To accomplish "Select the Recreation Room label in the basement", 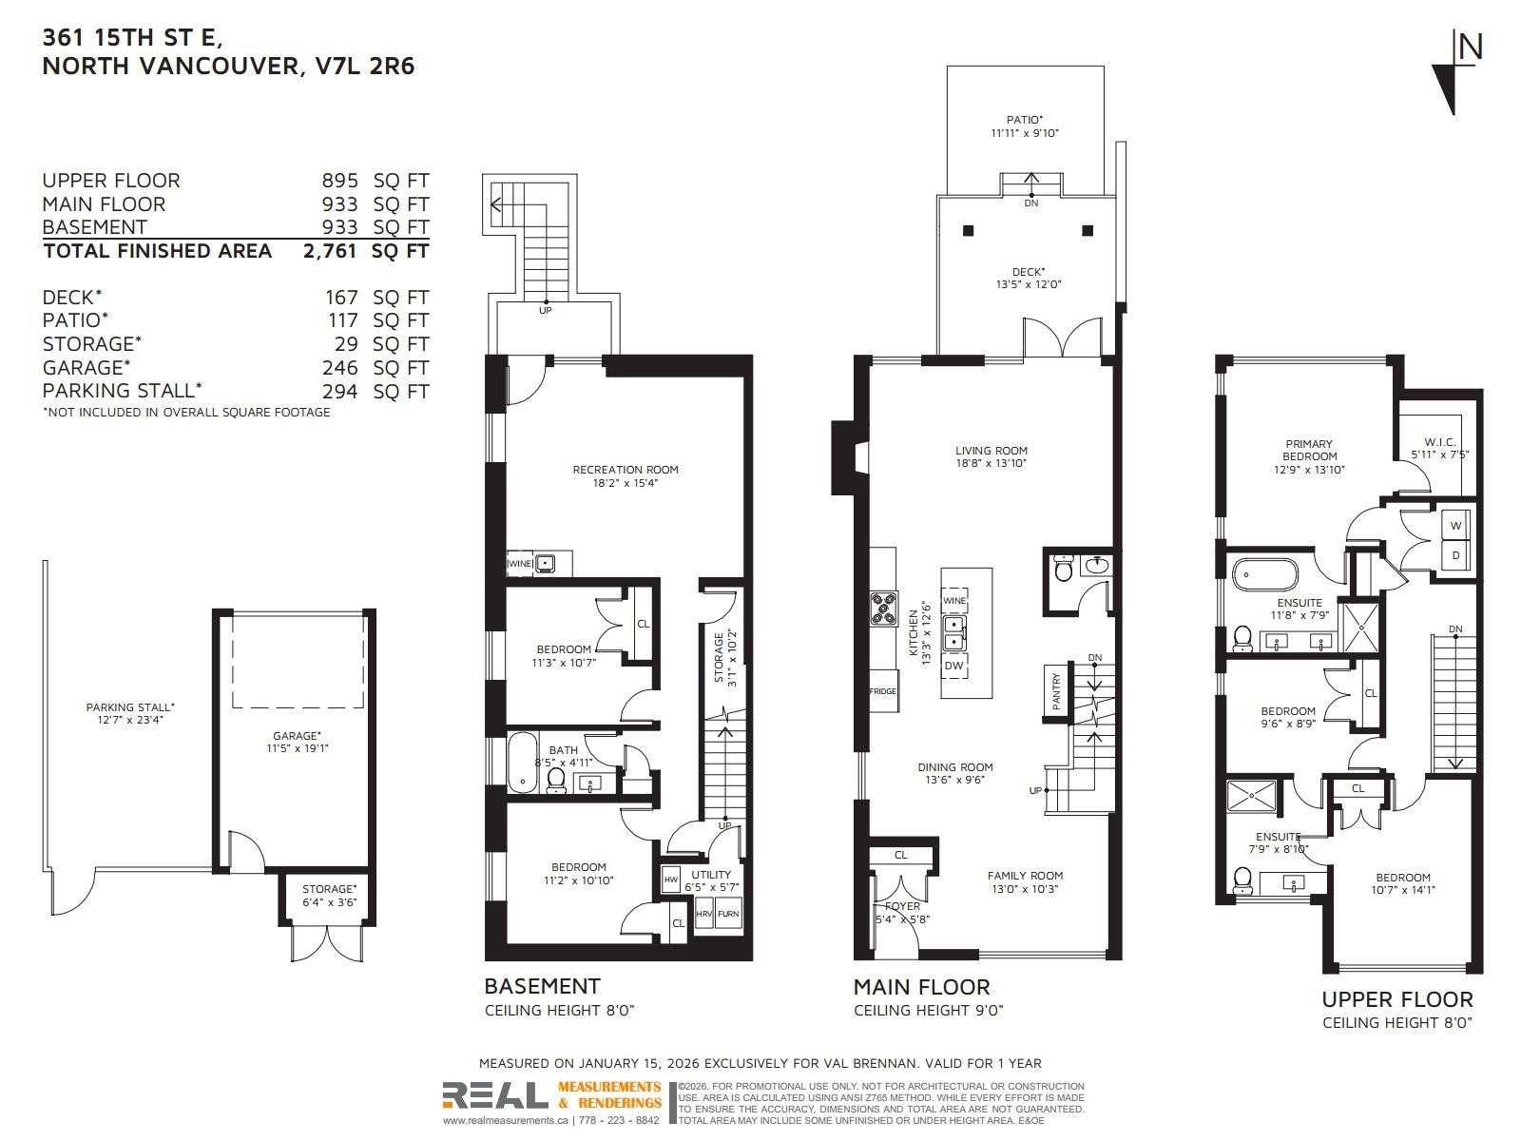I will [625, 475].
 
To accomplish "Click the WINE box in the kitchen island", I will [953, 601].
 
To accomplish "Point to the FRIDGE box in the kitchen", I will [882, 691].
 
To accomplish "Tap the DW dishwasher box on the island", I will [953, 666].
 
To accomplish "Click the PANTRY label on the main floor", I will [1056, 691].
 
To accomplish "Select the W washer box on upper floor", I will [1455, 526].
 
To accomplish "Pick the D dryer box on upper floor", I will [1455, 555].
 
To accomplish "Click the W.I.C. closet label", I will [1446, 448].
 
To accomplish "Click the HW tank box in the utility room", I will [670, 880].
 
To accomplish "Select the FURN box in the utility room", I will [728, 914].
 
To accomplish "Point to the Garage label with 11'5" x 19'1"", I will [292, 742].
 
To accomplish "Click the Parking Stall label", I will [130, 713].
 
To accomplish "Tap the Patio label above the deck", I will [1024, 126].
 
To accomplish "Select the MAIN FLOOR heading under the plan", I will [921, 987].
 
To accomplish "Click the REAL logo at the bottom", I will [495, 1096].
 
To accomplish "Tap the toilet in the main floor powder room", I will [1064, 569].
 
